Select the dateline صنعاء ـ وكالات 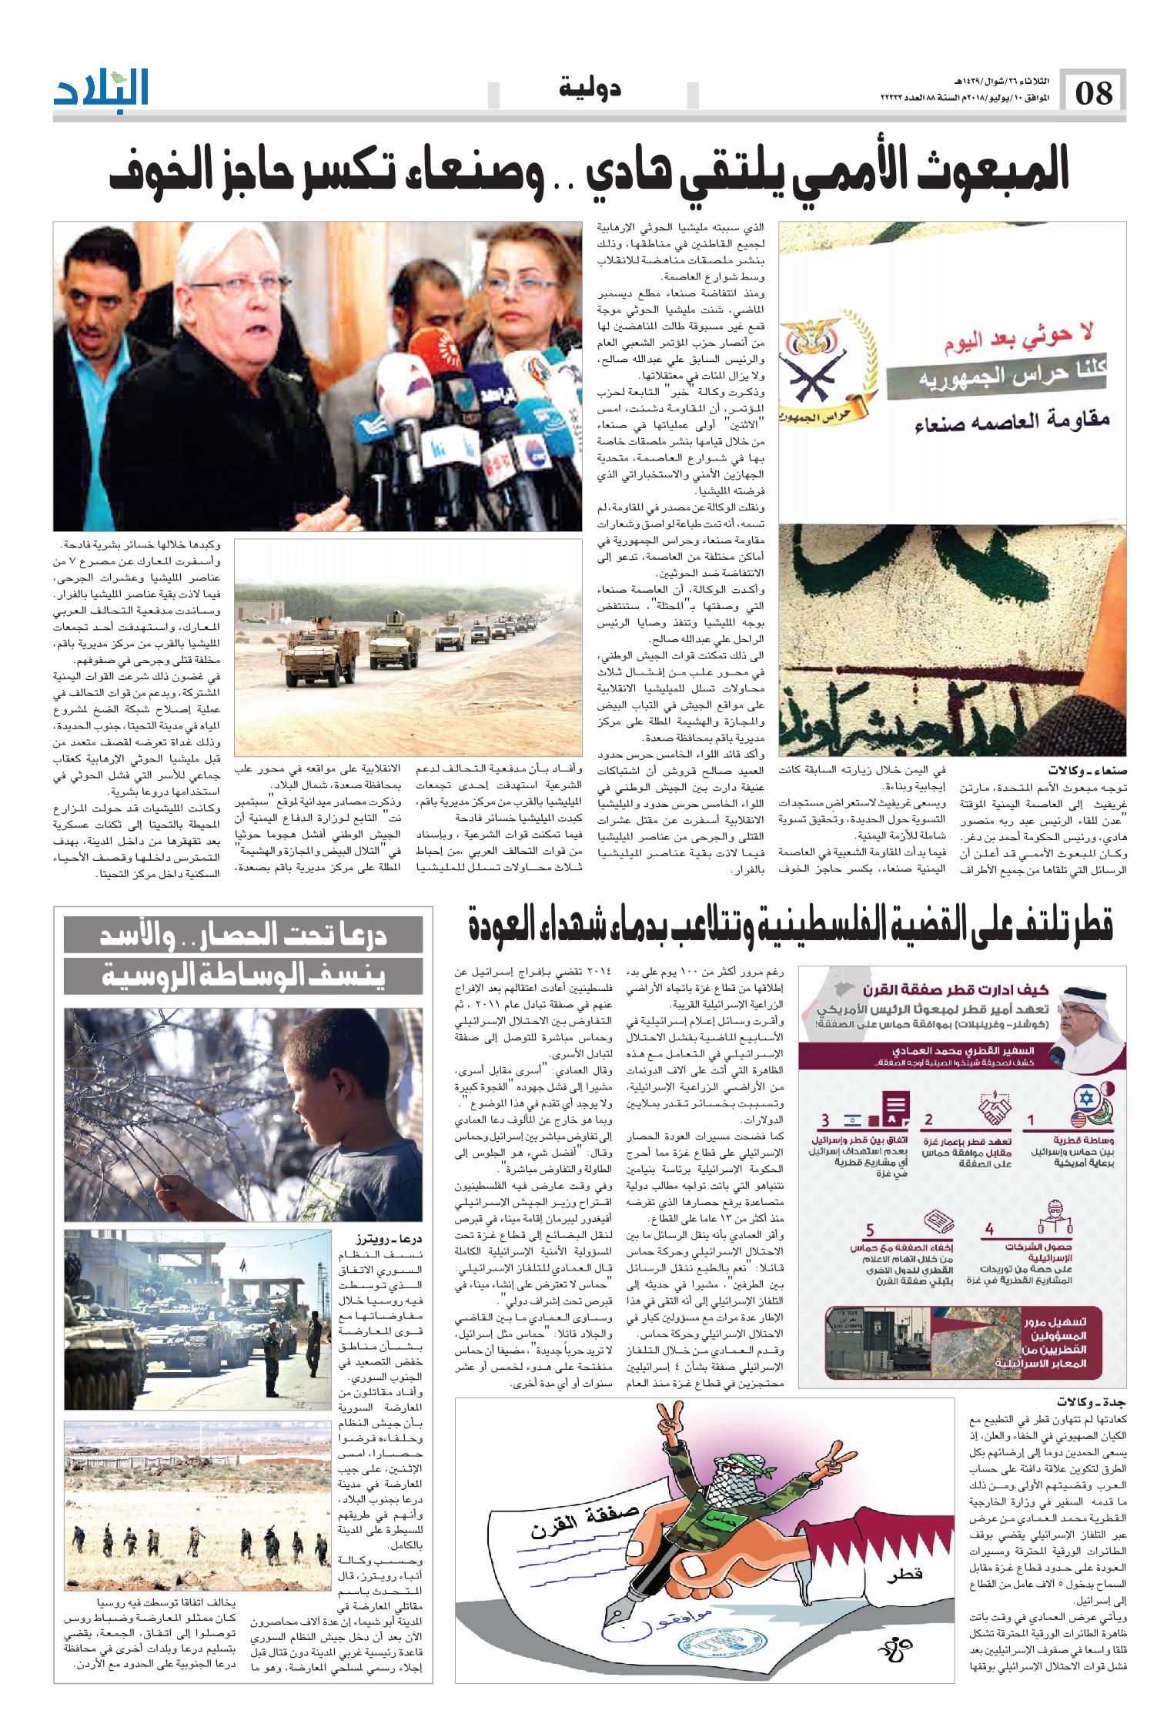1085,769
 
